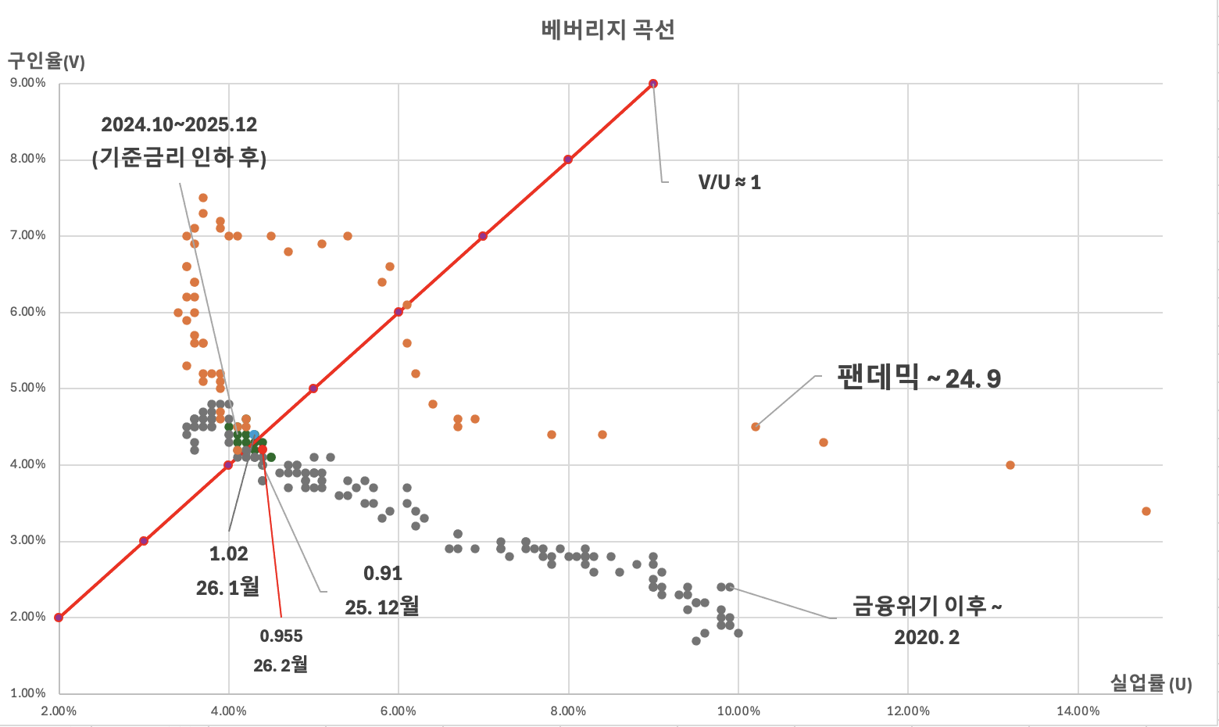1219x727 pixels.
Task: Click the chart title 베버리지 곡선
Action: pos(607,30)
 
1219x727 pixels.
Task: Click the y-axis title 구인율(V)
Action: pos(46,61)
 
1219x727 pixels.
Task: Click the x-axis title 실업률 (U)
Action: pos(1151,683)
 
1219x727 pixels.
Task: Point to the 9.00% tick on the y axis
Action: pos(28,83)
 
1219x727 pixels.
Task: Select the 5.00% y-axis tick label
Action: pos(28,388)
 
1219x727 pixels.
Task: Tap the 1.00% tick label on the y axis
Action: pos(28,693)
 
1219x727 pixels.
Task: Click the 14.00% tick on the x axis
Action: pos(1078,711)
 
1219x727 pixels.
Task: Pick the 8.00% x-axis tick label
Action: pos(568,711)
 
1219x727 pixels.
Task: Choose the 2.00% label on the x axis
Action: pos(59,711)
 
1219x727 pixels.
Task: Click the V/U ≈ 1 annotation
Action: pos(729,182)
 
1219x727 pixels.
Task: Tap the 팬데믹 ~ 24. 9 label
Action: pos(919,378)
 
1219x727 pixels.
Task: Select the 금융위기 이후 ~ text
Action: pos(927,606)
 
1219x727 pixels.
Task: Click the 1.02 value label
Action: pos(228,554)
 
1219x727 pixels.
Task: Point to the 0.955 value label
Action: pos(281,636)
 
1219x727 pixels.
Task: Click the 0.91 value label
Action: pos(383,573)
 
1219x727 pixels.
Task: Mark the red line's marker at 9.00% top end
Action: pos(653,84)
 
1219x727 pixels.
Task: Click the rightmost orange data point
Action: pos(1146,511)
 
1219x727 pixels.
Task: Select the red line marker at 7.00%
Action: pos(483,236)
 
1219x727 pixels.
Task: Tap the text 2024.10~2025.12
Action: pos(179,124)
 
